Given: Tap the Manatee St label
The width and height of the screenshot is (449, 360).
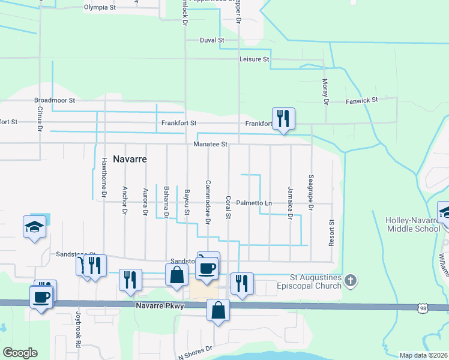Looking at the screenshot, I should pos(211,144).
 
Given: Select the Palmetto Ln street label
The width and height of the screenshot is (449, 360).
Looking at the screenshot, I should pos(254,203).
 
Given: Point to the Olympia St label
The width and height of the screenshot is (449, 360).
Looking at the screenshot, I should pos(100,8).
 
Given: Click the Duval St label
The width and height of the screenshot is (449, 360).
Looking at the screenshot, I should pos(212,40).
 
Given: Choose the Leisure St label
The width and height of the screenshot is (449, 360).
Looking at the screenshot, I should pos(255,60).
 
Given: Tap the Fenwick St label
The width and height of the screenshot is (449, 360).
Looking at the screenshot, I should pos(361,101).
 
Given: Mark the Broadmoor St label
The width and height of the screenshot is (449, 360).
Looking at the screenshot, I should pos(55,101).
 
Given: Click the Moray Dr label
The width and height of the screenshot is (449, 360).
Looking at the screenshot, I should pos(325,92).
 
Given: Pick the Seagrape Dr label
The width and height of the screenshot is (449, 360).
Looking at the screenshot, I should pos(311,193).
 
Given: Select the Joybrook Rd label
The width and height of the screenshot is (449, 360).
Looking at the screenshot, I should pos(78,329).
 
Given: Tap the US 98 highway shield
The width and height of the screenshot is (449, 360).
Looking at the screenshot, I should pos(423,307).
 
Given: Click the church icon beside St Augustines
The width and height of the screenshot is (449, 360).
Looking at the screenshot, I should pos(351,280).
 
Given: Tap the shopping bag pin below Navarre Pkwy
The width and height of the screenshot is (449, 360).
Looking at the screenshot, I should pos(218,311).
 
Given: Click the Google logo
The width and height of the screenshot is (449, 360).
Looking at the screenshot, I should pos(20,353).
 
